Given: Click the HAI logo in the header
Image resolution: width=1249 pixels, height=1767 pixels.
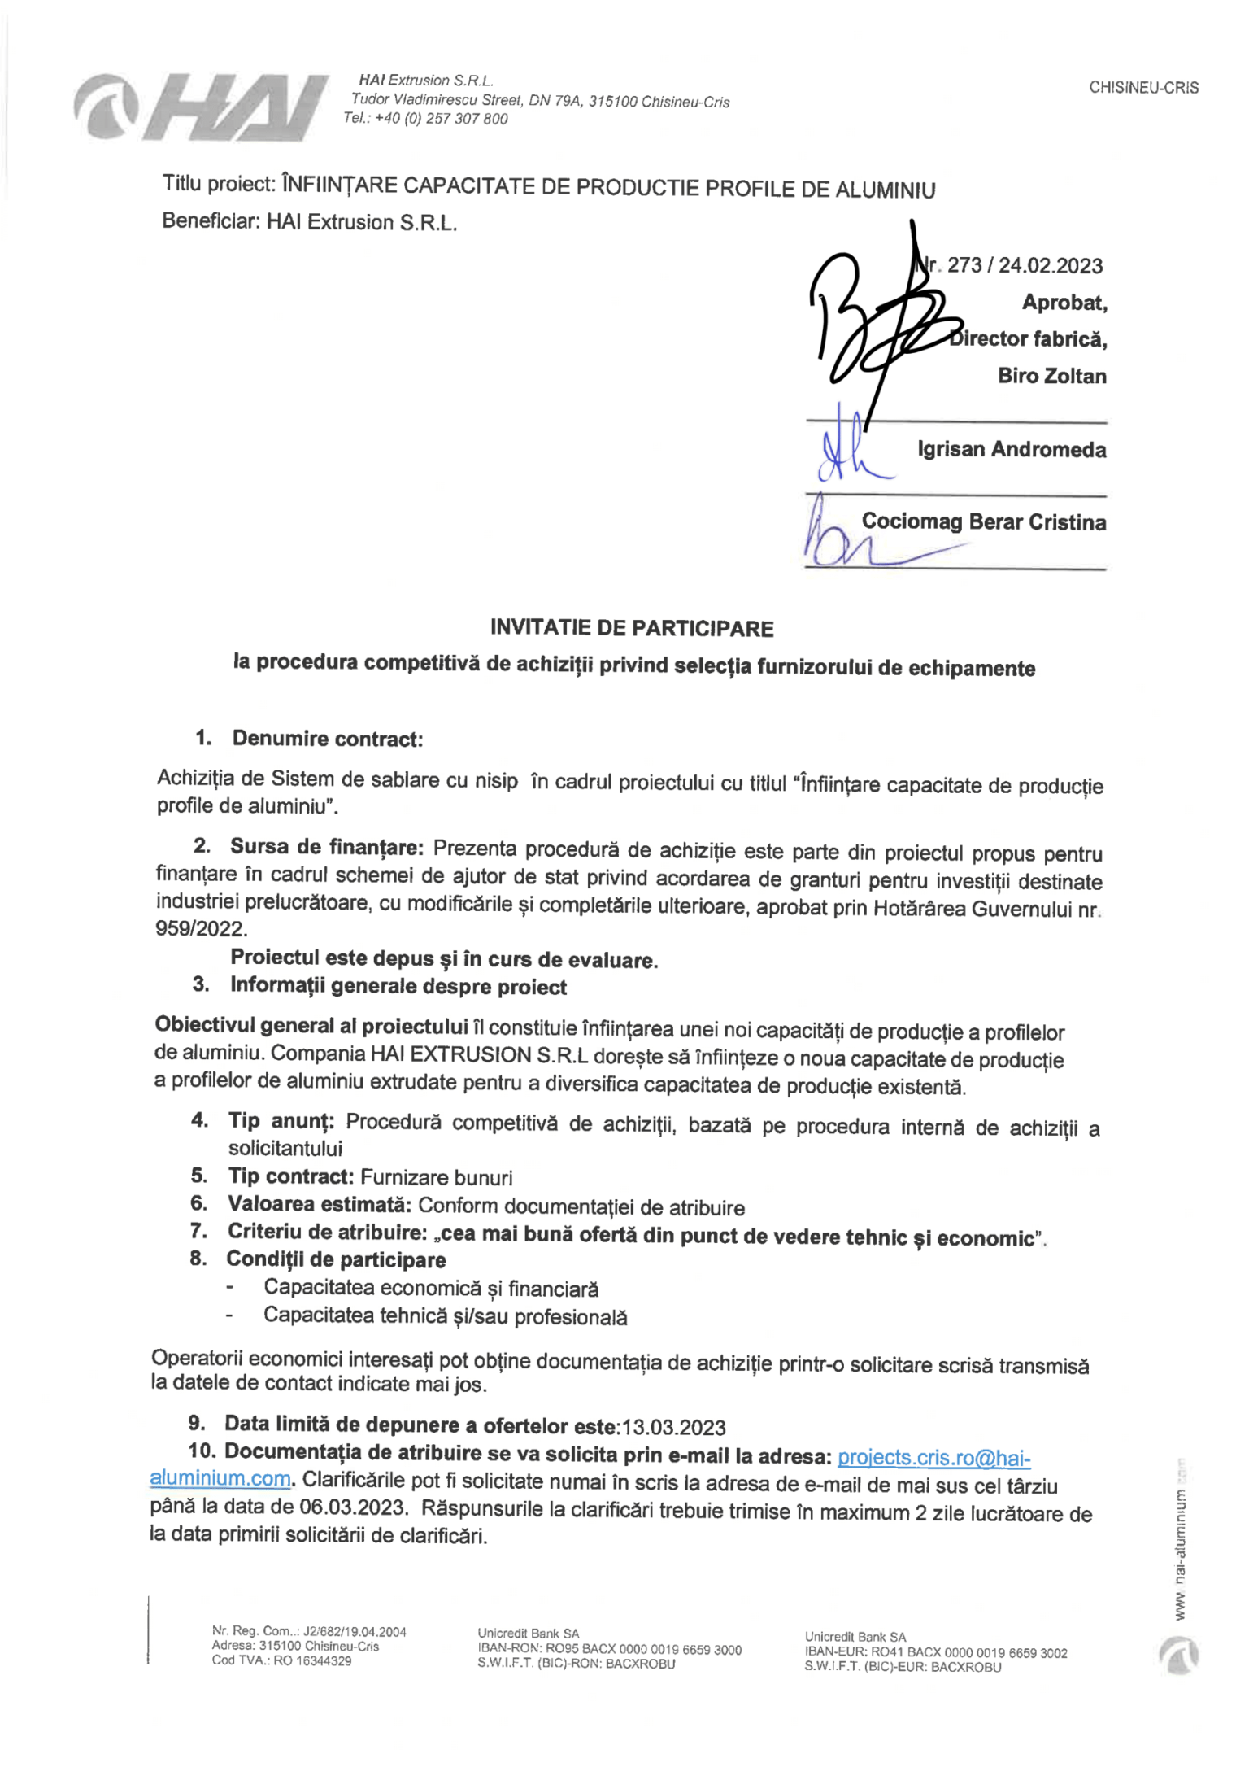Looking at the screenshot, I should (x=201, y=107).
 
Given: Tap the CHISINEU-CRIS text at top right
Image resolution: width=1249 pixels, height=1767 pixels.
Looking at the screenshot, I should (x=1143, y=88).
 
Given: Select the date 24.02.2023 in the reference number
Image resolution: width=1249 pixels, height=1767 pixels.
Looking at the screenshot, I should (x=1050, y=266).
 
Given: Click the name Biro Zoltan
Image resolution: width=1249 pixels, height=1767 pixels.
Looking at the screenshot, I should (x=1051, y=376).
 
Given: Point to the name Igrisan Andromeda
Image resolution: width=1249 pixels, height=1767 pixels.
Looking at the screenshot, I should (x=1011, y=449).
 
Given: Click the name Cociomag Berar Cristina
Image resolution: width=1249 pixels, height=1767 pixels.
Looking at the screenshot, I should (x=983, y=521).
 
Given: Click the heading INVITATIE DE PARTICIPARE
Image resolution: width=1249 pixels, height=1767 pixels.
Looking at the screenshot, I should (x=631, y=628).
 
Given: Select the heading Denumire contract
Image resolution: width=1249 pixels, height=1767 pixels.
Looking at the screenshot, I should (x=327, y=739).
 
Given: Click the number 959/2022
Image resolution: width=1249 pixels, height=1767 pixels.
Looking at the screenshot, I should (x=201, y=928).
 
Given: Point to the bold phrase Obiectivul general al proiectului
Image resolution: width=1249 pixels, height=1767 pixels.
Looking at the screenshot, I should (x=311, y=1027).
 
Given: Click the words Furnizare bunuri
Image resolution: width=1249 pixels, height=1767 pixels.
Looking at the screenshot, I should (x=436, y=1177).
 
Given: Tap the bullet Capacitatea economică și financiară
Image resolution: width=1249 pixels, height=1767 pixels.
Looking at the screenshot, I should (x=431, y=1288).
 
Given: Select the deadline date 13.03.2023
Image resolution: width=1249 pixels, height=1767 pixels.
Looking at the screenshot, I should (x=673, y=1427).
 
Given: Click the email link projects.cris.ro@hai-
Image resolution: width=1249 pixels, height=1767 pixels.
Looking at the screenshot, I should (x=933, y=1457).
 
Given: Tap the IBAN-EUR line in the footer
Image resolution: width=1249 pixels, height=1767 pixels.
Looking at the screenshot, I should (x=935, y=1652).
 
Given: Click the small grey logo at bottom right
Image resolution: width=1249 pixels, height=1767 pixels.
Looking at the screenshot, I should (x=1178, y=1656).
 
